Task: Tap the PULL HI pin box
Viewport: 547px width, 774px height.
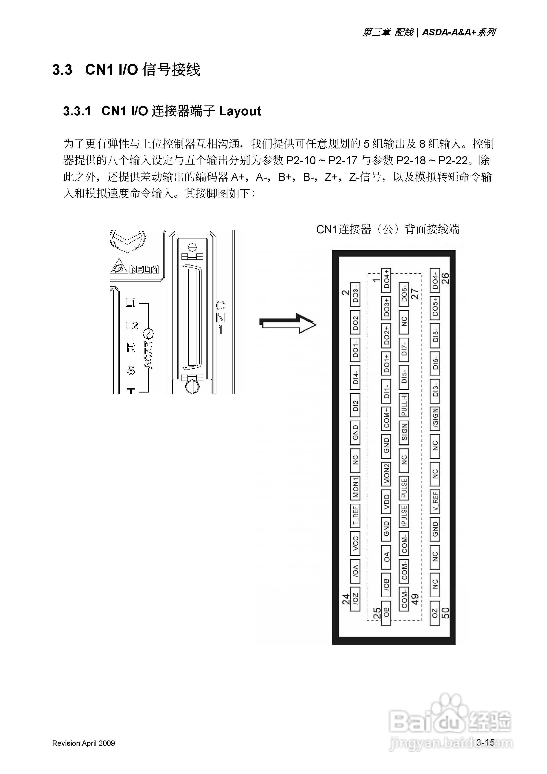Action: click(x=404, y=404)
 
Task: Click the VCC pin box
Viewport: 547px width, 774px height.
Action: click(x=355, y=544)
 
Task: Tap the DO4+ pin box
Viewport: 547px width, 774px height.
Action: click(x=386, y=280)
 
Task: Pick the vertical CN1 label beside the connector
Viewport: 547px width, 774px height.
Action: click(x=220, y=318)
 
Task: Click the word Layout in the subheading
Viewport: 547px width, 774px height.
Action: click(x=240, y=111)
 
